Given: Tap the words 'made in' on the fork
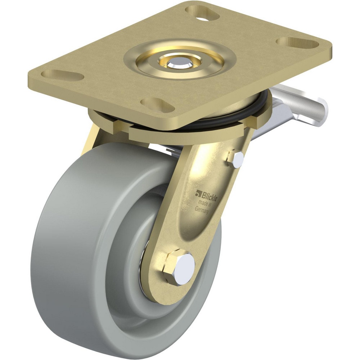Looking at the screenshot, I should (204, 202).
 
